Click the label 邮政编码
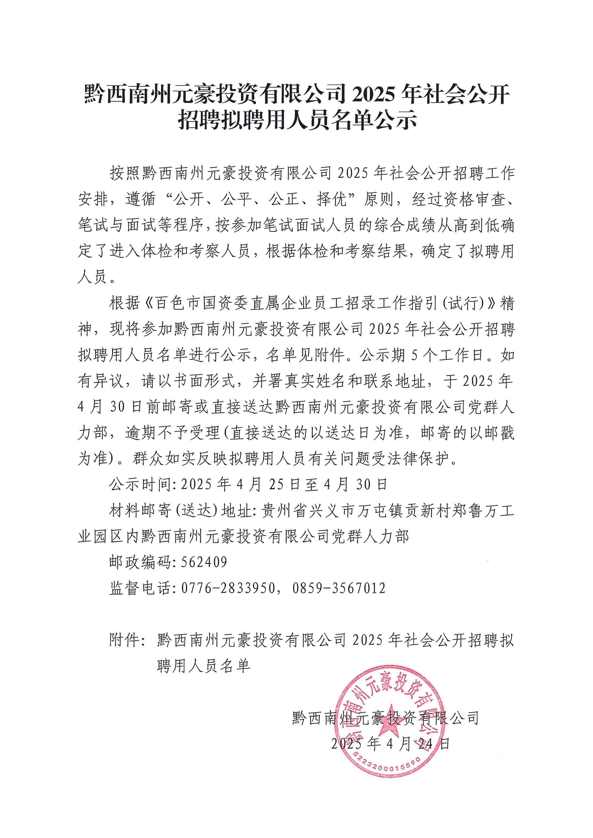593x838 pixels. (140, 562)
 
